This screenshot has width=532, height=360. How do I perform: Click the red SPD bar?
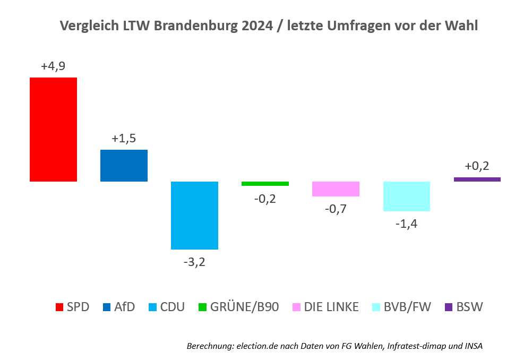tap(53, 130)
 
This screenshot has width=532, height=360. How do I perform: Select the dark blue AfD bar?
tap(124, 166)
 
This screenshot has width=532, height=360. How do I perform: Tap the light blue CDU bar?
tap(194, 215)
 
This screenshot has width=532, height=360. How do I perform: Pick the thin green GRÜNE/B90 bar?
tap(265, 184)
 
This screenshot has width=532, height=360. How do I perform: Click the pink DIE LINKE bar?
tap(336, 189)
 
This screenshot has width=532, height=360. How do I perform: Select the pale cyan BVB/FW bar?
tap(406, 196)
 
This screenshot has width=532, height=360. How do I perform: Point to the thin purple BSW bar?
tap(477, 179)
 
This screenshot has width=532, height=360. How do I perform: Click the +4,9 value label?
tap(53, 66)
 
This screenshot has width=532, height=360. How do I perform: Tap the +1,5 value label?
tap(124, 139)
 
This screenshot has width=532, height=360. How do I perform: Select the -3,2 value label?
tap(194, 262)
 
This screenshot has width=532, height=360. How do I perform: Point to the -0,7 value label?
tap(336, 209)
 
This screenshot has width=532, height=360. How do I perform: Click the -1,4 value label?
tap(406, 224)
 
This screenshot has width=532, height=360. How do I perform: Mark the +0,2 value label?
tap(477, 166)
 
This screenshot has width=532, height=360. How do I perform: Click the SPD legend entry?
tap(72, 307)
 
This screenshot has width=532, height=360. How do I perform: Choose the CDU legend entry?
tap(166, 307)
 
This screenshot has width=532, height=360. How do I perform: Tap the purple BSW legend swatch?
tap(448, 307)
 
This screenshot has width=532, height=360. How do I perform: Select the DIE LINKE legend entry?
tap(326, 307)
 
